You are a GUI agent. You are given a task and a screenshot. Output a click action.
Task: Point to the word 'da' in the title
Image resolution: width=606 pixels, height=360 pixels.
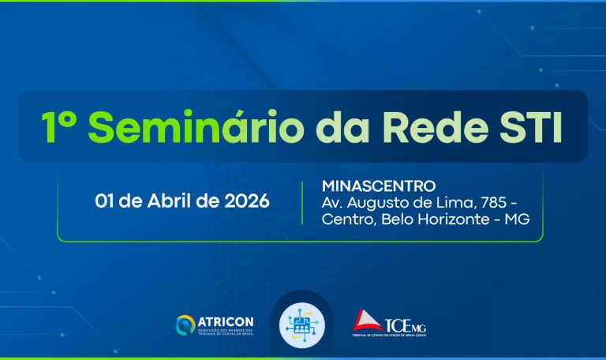click(x=316, y=126)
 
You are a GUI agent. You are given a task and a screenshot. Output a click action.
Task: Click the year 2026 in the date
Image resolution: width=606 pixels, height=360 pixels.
click(x=242, y=201)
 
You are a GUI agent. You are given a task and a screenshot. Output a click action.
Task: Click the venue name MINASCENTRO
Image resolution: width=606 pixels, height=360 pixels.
click(x=379, y=186)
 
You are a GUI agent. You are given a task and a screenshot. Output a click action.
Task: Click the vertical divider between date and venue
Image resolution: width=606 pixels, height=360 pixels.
click(x=303, y=202)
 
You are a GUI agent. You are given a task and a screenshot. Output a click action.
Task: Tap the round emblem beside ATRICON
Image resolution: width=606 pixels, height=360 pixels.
click(x=185, y=324)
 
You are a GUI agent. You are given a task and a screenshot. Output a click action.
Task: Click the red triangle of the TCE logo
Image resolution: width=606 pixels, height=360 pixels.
click(x=366, y=321)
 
